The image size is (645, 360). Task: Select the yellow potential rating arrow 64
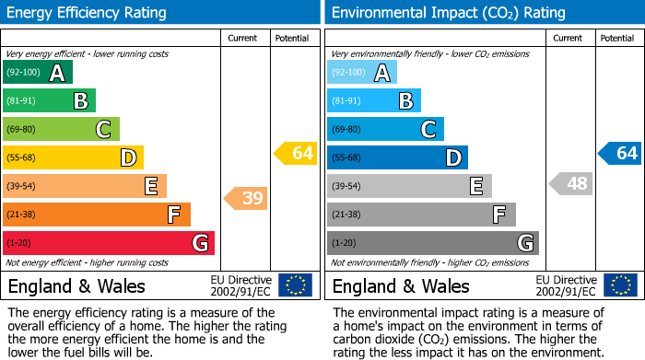296,154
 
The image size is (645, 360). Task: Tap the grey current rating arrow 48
570,183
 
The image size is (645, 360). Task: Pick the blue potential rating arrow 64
619,154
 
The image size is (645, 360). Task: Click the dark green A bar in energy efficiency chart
37,73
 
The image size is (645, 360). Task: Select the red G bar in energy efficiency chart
108,243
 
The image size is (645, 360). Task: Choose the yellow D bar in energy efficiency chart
73,157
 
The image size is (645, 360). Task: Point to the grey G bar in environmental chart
432,243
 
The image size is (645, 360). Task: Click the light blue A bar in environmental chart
362,73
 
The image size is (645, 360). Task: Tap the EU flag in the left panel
295,285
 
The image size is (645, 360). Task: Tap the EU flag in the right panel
619,285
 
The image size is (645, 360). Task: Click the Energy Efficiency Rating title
88,13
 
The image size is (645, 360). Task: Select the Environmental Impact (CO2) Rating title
447,13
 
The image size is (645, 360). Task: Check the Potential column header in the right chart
617,38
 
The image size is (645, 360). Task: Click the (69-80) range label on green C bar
23,130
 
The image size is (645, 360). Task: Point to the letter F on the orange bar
173,215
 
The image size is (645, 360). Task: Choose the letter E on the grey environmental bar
475,187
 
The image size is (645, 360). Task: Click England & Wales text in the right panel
401,286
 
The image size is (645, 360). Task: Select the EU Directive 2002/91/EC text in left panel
241,285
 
